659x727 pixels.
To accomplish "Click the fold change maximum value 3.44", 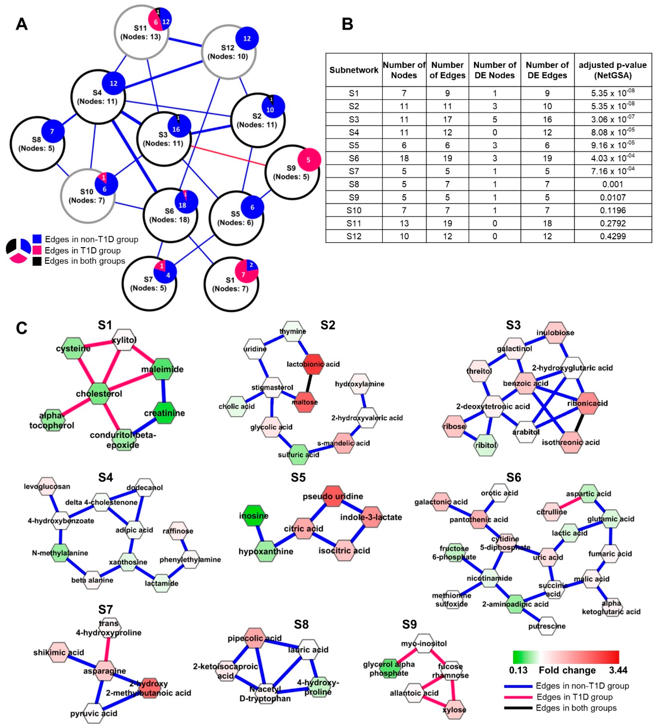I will (618, 670).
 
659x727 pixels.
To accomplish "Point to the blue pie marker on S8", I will (53, 131).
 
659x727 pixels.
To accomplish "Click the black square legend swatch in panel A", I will (37, 261).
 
